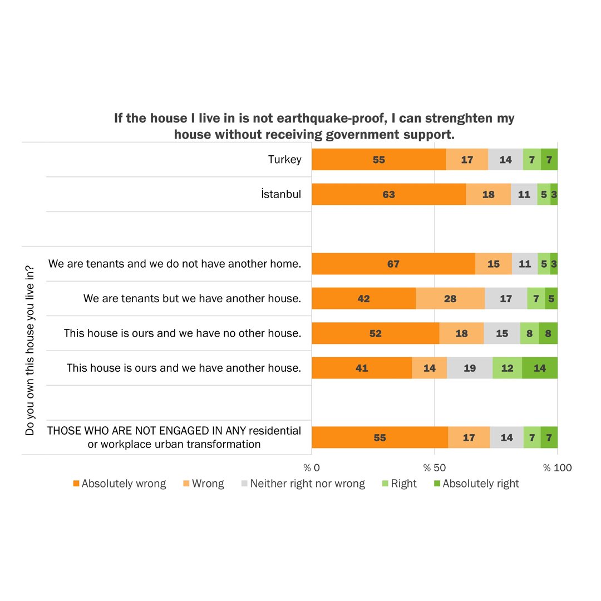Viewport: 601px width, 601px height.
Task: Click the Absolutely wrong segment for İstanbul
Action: click(x=388, y=194)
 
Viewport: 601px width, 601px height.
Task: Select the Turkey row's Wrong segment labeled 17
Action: click(x=467, y=160)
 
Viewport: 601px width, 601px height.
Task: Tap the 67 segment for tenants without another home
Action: click(x=393, y=264)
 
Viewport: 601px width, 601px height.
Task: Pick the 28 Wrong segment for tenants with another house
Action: click(x=450, y=299)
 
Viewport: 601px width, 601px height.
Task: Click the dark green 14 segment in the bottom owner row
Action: click(x=539, y=368)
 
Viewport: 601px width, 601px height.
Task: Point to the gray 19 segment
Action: click(x=470, y=368)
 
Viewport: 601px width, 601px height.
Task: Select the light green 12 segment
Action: click(x=507, y=368)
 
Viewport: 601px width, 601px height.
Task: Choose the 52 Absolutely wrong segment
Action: click(x=376, y=333)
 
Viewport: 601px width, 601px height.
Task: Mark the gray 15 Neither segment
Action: click(x=502, y=333)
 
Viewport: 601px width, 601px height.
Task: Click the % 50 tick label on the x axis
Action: click(x=435, y=468)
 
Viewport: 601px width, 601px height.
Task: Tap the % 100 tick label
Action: click(x=557, y=468)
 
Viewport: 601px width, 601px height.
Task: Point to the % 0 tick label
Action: click(x=312, y=468)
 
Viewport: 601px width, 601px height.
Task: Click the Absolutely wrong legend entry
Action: click(x=120, y=484)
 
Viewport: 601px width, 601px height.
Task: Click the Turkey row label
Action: click(x=284, y=160)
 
